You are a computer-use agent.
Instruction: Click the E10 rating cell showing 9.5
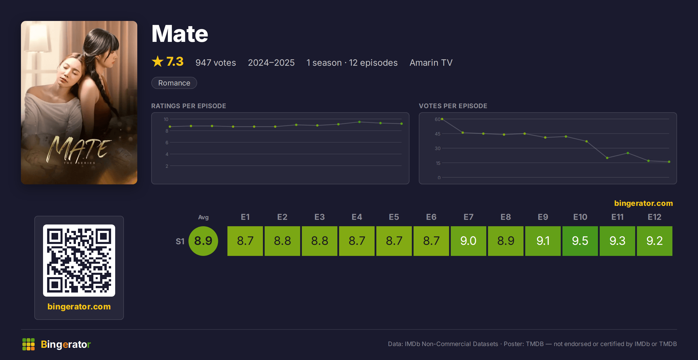pyautogui.click(x=580, y=241)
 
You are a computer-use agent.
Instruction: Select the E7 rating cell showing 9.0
pyautogui.click(x=468, y=241)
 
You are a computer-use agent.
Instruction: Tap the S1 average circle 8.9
pyautogui.click(x=203, y=241)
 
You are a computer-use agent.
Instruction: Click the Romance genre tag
pyautogui.click(x=174, y=83)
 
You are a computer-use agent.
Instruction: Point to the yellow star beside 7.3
pyautogui.click(x=158, y=61)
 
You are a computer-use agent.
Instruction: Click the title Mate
pyautogui.click(x=180, y=34)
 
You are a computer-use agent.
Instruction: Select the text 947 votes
pyautogui.click(x=216, y=63)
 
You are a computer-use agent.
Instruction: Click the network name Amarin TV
pyautogui.click(x=431, y=63)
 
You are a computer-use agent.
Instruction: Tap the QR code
pyautogui.click(x=79, y=260)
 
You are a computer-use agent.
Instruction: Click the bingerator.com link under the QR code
pyautogui.click(x=79, y=306)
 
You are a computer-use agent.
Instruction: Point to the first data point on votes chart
pyautogui.click(x=442, y=119)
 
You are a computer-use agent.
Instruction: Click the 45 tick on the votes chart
pyautogui.click(x=437, y=134)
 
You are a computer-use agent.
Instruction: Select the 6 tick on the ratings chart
pyautogui.click(x=167, y=142)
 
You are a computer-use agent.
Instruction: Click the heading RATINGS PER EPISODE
pyautogui.click(x=188, y=106)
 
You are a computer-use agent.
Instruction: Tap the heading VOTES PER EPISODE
pyautogui.click(x=453, y=106)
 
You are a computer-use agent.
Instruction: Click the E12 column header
pyautogui.click(x=654, y=217)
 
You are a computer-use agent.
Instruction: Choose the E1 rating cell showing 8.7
pyautogui.click(x=245, y=241)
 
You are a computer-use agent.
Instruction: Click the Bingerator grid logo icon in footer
pyautogui.click(x=29, y=344)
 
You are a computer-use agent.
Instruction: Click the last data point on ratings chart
pyautogui.click(x=402, y=124)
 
